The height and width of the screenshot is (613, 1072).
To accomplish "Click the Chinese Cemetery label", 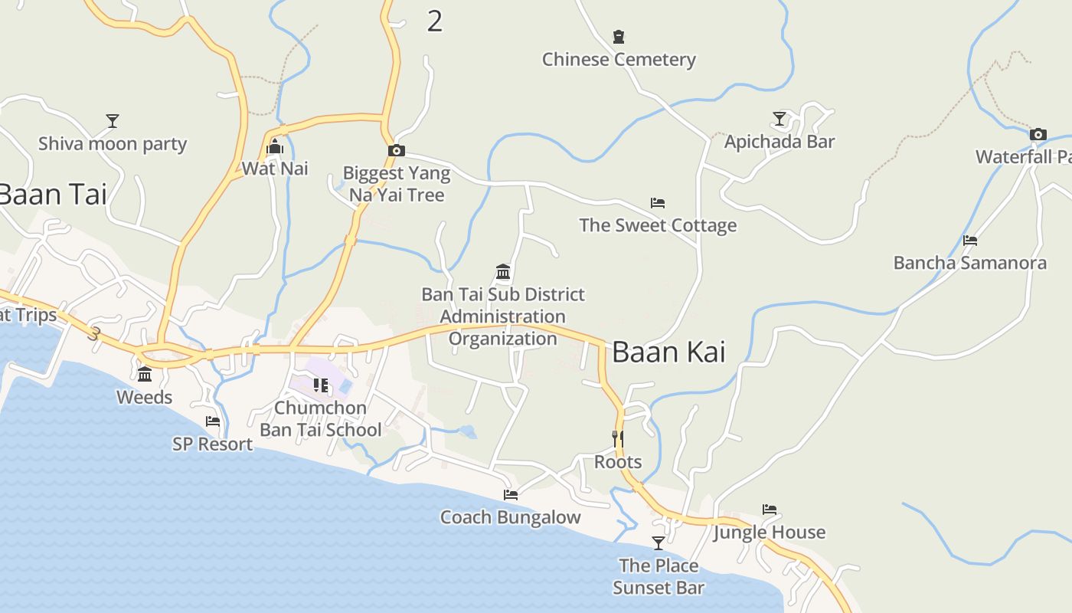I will [x=619, y=60].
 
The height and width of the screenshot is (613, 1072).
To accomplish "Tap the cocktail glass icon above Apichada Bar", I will [x=779, y=119].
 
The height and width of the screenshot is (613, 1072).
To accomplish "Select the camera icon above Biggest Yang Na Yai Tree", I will [x=397, y=151].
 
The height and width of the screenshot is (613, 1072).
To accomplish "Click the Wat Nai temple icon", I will [x=275, y=147].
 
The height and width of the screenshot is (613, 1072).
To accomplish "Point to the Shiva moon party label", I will [x=113, y=144].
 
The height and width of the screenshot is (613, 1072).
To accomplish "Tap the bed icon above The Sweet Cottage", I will [x=658, y=203].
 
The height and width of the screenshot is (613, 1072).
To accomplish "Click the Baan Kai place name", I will [x=668, y=352].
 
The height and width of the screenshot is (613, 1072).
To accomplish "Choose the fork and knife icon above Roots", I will [x=618, y=439].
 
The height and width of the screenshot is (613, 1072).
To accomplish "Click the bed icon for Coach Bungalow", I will [x=511, y=495].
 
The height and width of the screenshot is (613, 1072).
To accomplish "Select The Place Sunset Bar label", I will [x=659, y=576].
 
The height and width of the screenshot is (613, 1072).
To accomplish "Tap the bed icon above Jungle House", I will [x=770, y=510].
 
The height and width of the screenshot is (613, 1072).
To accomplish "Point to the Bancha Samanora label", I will [x=969, y=263].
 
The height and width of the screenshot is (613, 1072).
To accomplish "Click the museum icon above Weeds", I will [x=145, y=374].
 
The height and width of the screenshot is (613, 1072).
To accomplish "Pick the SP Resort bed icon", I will [x=213, y=421].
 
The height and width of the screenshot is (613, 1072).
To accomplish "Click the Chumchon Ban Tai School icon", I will [x=321, y=385].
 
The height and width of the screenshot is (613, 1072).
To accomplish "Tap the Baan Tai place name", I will [x=52, y=194].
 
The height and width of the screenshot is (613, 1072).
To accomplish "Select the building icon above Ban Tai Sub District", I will [x=503, y=272].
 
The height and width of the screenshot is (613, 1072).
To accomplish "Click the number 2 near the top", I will [x=434, y=21].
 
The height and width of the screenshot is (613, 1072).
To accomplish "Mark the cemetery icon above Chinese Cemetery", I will [x=619, y=36].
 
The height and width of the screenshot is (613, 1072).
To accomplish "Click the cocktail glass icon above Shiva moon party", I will [x=113, y=121].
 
